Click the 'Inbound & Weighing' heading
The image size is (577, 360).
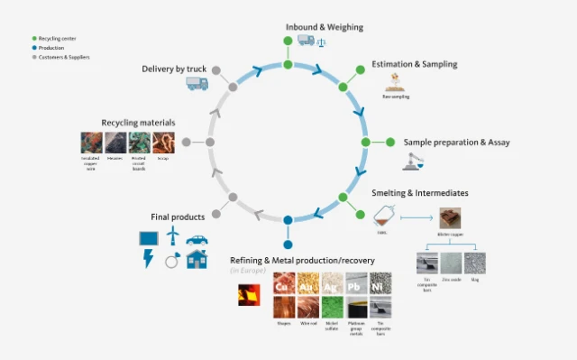point(324,27)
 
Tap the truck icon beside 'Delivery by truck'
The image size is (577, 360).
point(197,83)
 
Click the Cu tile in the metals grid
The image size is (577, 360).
point(284,284)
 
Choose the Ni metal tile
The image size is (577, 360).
point(380,284)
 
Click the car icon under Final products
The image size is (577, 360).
point(197,240)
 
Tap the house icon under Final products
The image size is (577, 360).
point(197,260)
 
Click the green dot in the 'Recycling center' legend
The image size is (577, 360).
point(34,39)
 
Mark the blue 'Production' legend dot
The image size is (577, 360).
point(34,48)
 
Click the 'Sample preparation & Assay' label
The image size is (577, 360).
point(456,143)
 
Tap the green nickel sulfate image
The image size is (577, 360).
point(333,308)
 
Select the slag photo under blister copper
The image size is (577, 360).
point(474,263)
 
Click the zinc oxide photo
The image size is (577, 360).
point(452,263)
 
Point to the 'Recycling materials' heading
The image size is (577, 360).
point(138,122)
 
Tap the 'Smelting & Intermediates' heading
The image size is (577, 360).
point(420,193)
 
